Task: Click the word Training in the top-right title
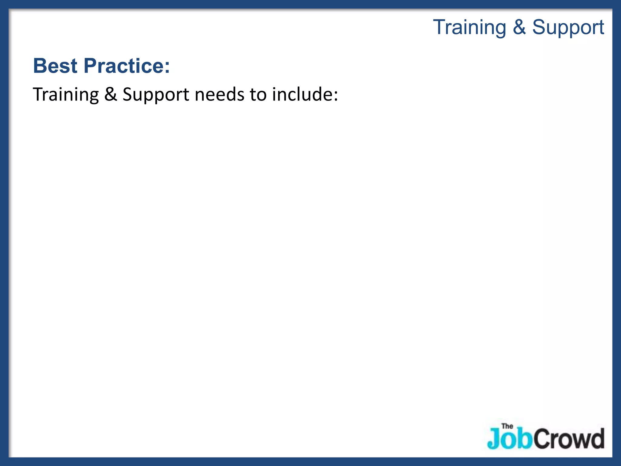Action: (469, 28)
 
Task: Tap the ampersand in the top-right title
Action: (519, 27)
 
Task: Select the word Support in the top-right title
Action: (568, 28)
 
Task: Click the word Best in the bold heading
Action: (55, 66)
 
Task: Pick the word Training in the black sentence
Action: (66, 95)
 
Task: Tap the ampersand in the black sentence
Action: (110, 94)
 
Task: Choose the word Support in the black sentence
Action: (156, 95)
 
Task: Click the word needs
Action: (219, 95)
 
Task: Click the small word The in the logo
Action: (507, 426)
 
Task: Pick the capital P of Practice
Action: (90, 66)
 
